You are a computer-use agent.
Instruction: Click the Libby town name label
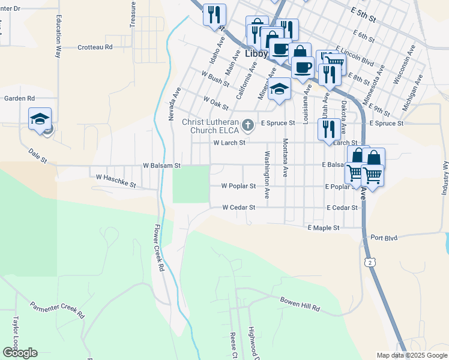pos(257,53)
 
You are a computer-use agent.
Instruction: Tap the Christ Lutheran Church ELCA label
pos(209,125)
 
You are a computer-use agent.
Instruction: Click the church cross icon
pos(248,123)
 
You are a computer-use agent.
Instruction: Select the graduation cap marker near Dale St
pos(40,118)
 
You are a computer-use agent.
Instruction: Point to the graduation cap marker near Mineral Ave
pos(279,90)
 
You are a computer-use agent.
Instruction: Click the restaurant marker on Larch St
pos(328,130)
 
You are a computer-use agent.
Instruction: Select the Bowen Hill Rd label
pos(300,303)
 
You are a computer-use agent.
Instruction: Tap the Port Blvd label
pos(384,238)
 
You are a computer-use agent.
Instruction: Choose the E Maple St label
pos(324,228)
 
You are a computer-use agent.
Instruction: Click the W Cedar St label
pos(239,208)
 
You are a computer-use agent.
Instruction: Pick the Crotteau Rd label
pos(95,47)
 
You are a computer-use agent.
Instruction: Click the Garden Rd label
pos(20,98)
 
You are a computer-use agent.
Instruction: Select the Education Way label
pos(58,36)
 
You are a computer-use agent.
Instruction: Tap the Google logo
pos(20,352)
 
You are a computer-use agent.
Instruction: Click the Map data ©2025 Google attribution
pos(411,355)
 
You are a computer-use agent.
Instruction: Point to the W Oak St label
pos(216,103)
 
